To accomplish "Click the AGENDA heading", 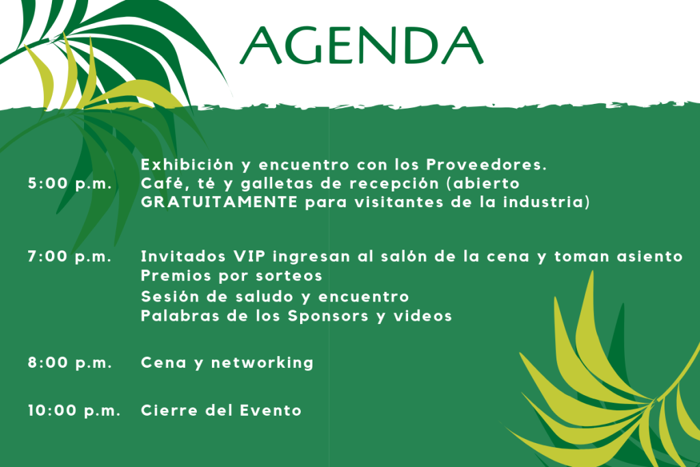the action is (x=362, y=45).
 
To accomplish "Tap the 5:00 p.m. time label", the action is (x=70, y=183).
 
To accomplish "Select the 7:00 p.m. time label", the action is (x=70, y=256).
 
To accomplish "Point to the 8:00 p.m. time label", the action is (x=70, y=362).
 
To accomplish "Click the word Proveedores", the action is (x=487, y=165).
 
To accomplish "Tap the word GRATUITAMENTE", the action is (x=219, y=202).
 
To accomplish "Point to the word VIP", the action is (x=250, y=256).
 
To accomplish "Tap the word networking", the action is (x=262, y=363).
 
